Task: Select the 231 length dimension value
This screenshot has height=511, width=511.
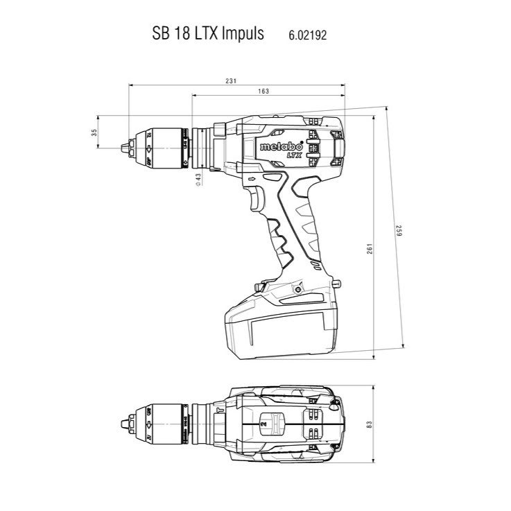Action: (x=231, y=82)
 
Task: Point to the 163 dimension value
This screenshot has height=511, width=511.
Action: (x=263, y=91)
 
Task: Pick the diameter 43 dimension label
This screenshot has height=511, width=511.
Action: (x=198, y=179)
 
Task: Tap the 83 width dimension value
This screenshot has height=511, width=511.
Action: (x=368, y=422)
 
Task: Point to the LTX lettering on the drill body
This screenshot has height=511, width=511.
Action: (x=277, y=157)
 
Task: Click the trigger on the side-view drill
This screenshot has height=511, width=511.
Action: (x=255, y=200)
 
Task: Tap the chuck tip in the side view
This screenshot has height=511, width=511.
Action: (x=125, y=146)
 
